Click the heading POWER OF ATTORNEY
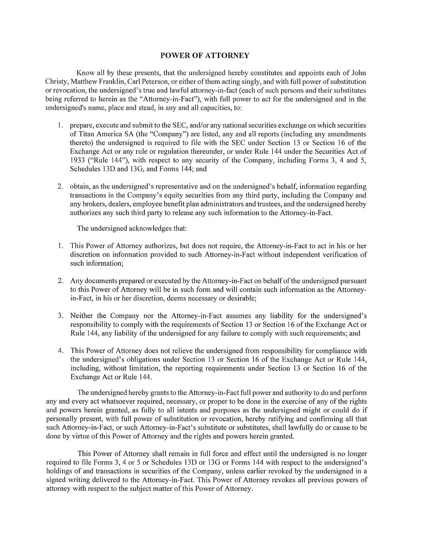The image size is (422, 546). pyautogui.click(x=204, y=56)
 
